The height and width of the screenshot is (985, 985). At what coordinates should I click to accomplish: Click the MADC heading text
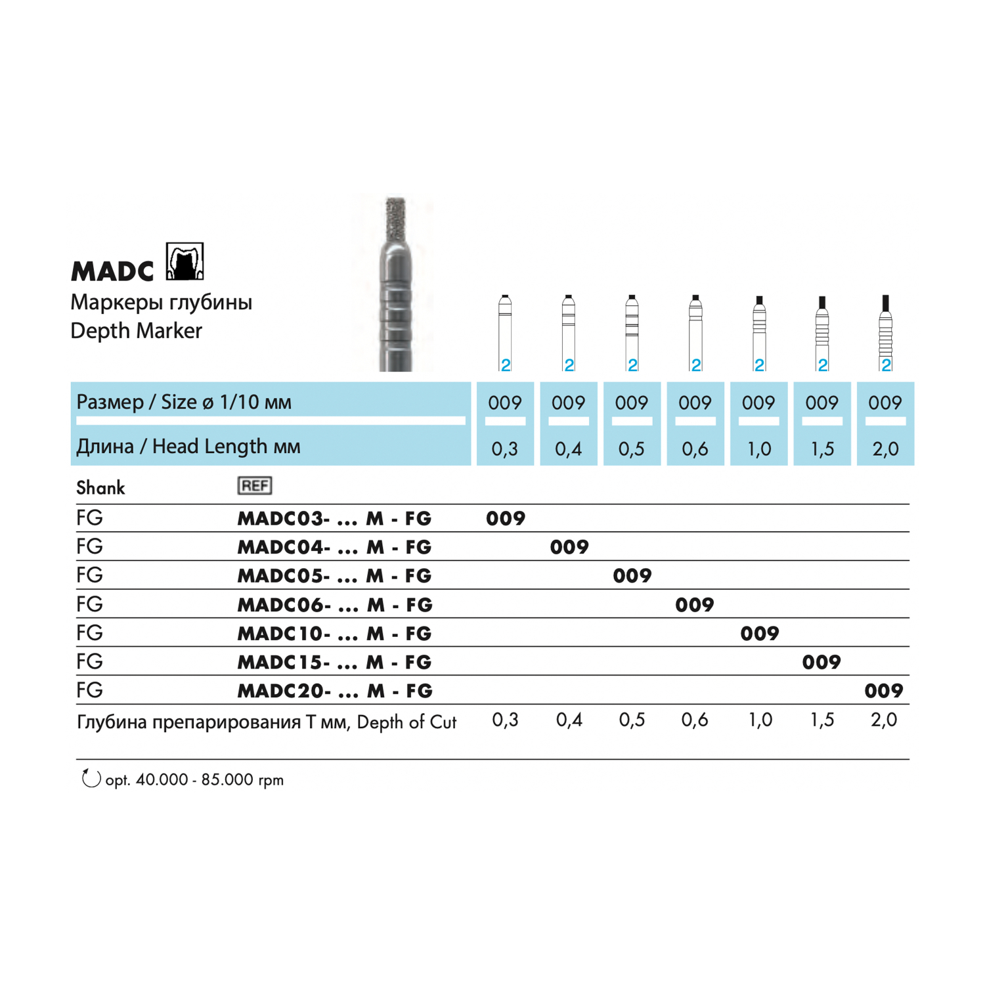[112, 271]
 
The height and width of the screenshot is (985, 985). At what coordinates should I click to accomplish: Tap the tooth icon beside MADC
[185, 261]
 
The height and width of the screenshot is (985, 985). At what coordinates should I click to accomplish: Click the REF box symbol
[254, 486]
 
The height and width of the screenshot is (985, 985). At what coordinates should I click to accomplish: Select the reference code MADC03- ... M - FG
[334, 519]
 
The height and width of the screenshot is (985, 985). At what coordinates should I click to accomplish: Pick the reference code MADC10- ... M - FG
[334, 634]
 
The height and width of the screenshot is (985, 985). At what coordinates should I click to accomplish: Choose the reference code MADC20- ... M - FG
[334, 691]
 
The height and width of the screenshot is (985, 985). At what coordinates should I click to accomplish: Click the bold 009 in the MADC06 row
[695, 605]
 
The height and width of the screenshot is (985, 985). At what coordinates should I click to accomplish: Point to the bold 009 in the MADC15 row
[821, 662]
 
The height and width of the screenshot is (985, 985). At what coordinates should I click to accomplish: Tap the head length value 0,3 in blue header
[504, 449]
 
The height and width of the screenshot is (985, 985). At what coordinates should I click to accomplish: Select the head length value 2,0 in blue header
[885, 449]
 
